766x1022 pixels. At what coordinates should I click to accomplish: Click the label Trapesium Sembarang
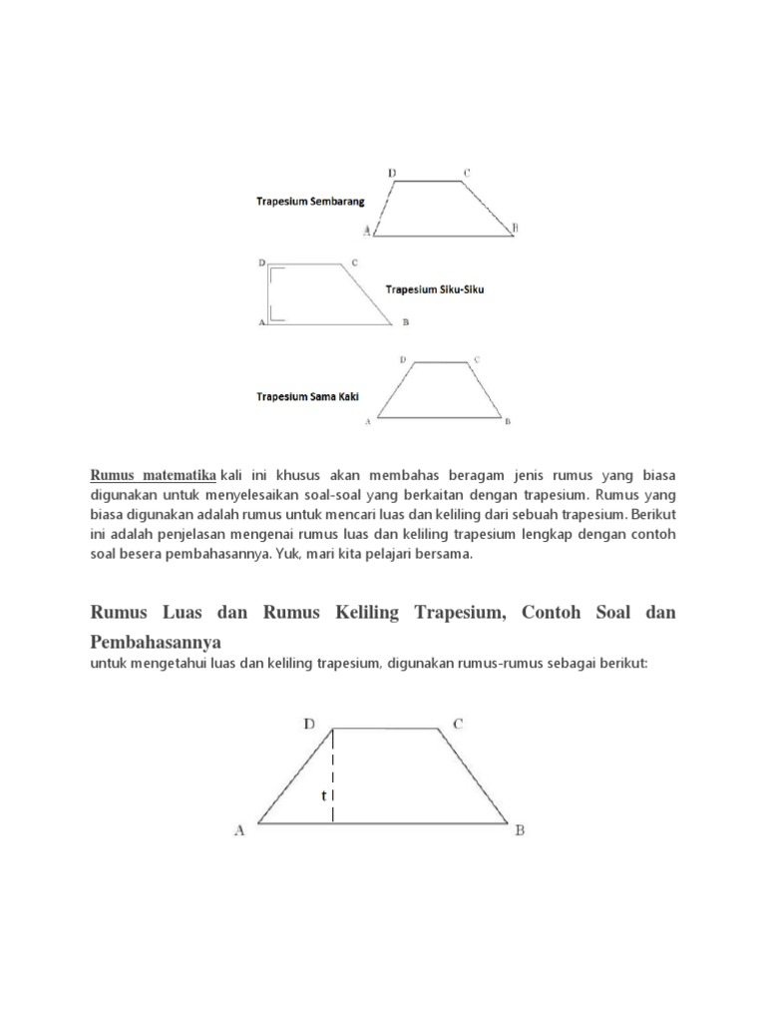click(x=309, y=202)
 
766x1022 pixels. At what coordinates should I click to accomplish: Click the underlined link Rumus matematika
click(x=154, y=473)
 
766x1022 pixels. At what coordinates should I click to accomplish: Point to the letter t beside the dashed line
click(x=323, y=795)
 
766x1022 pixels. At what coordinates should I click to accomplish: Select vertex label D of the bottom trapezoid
click(x=310, y=725)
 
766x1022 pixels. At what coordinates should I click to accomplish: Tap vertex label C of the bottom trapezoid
click(x=458, y=725)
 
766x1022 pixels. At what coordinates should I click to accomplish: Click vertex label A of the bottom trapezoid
click(x=239, y=829)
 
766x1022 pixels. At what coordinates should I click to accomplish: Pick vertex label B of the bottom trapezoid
click(x=520, y=829)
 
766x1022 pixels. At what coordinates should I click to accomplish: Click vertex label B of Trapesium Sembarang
click(x=515, y=229)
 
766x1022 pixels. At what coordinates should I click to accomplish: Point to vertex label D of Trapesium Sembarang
click(x=392, y=173)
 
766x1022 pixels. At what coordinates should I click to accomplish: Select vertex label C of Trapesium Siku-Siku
click(x=354, y=263)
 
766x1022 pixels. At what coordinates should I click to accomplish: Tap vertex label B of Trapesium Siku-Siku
click(x=405, y=322)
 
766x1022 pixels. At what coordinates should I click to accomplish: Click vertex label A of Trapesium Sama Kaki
click(x=369, y=422)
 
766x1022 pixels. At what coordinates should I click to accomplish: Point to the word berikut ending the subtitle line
click(x=624, y=662)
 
